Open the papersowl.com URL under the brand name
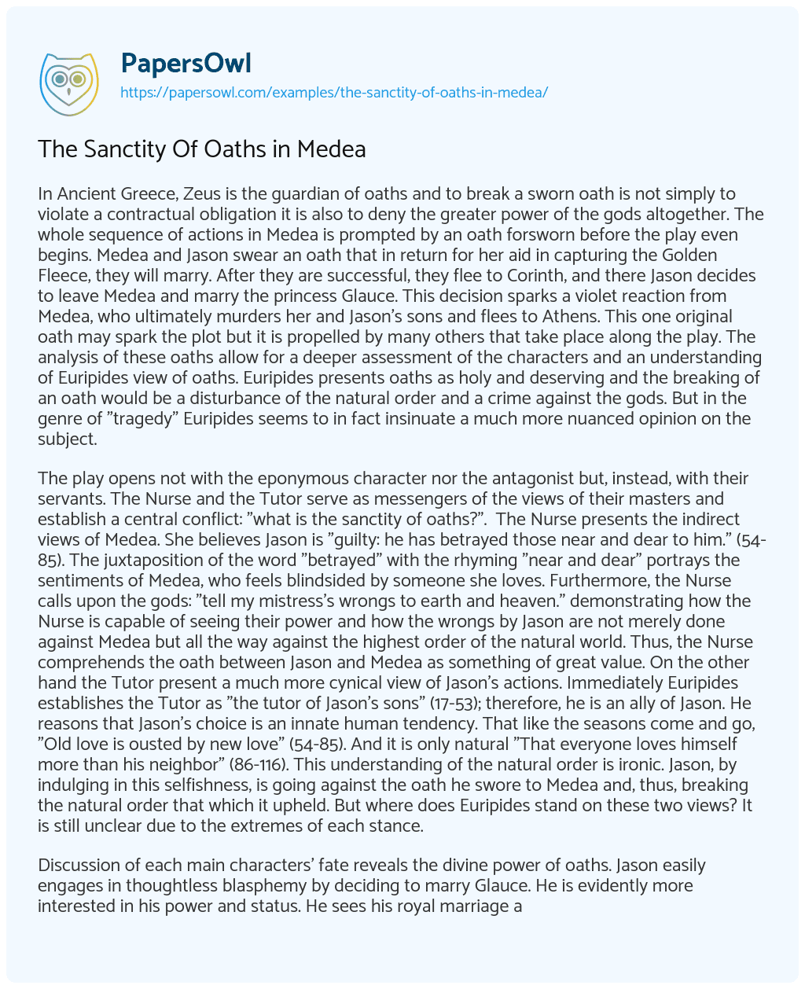pos(333,92)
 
